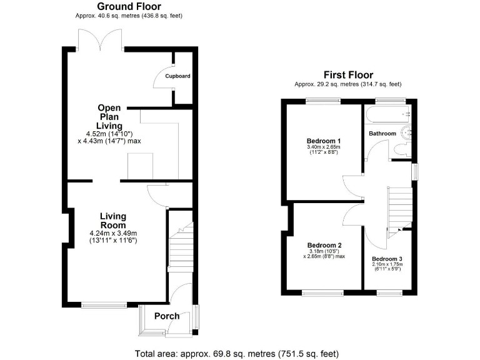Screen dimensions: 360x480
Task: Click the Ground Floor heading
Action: [x=129, y=6]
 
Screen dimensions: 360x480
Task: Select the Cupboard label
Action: [x=177, y=76]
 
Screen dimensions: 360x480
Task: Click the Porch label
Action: [x=167, y=316]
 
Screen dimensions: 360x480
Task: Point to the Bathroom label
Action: [x=382, y=134]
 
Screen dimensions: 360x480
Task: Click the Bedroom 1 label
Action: [x=323, y=141]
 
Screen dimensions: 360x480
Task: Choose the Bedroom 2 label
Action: [x=324, y=245]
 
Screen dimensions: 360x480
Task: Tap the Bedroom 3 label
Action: [x=387, y=258]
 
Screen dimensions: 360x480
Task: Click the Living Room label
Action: [x=113, y=221]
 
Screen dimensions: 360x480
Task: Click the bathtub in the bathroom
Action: [x=388, y=115]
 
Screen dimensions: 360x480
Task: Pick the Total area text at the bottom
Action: [x=237, y=353]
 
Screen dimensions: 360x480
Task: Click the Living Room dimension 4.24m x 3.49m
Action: [x=113, y=233]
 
